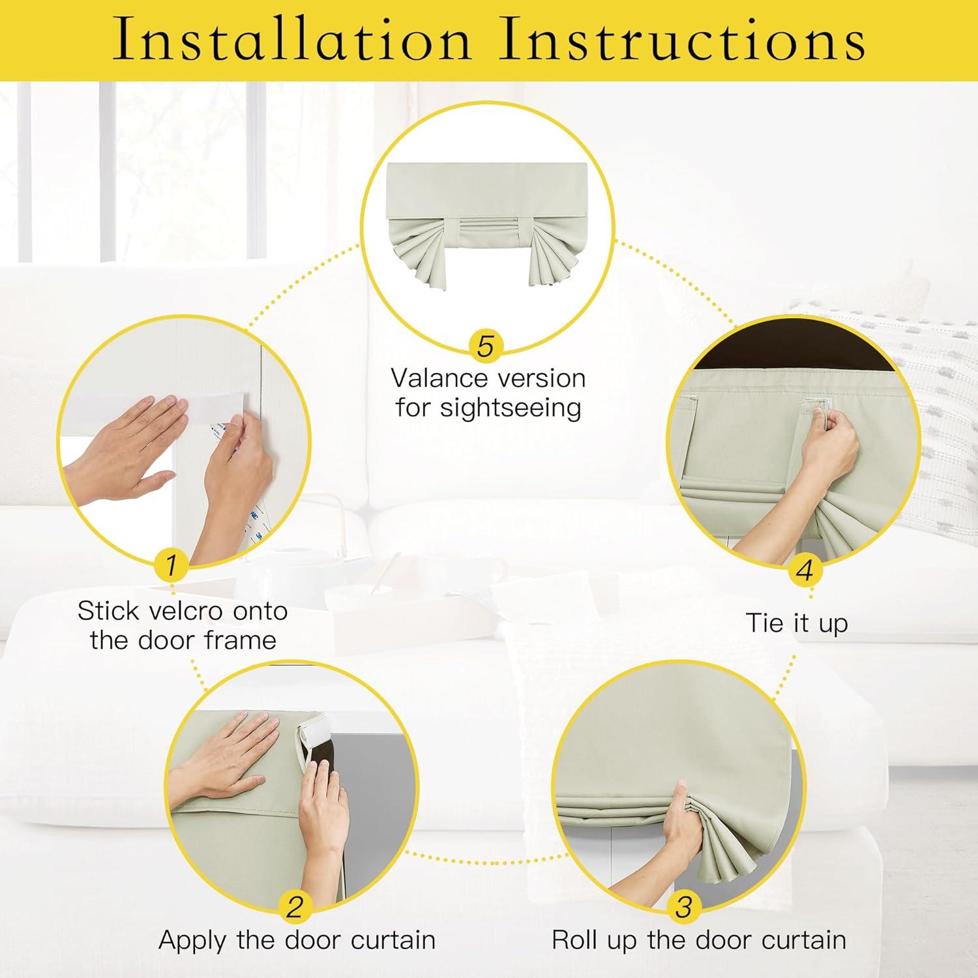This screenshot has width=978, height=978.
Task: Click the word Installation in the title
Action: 291,40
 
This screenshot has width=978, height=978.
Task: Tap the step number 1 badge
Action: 171,565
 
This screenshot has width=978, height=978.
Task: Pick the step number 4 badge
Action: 805,570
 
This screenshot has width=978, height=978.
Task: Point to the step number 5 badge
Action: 485,346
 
